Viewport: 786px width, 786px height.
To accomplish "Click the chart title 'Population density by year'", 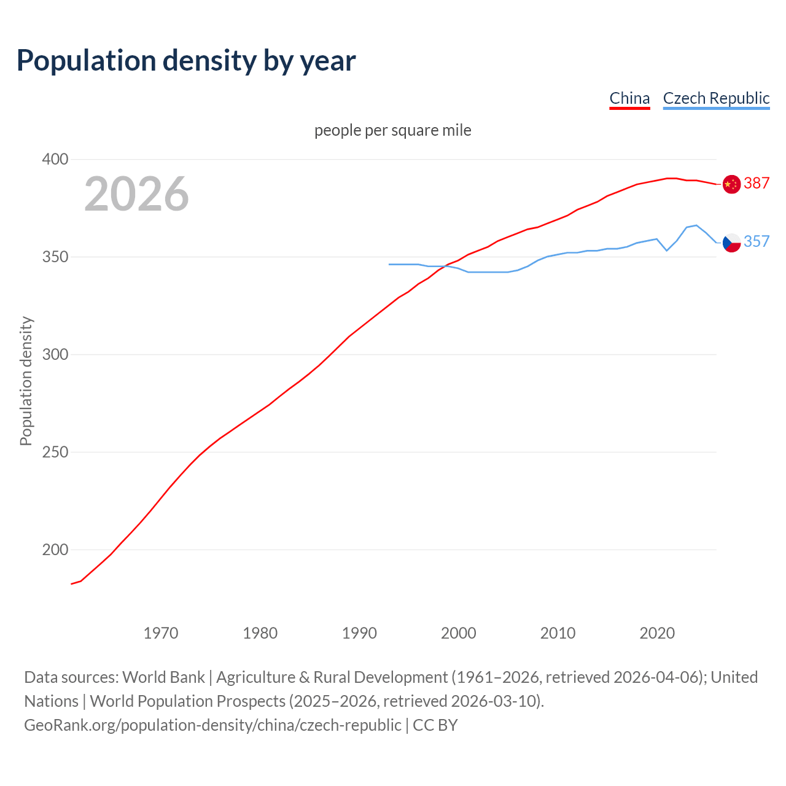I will coord(186,60).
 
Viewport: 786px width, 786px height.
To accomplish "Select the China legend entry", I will coord(629,98).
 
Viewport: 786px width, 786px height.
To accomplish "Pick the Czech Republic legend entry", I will coord(716,98).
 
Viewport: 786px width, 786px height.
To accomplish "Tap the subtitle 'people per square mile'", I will coord(393,131).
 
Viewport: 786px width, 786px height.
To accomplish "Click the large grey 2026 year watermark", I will coord(136,194).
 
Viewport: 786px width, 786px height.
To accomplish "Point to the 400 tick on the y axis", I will coord(55,160).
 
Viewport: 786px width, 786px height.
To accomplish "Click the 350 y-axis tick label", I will coord(55,257).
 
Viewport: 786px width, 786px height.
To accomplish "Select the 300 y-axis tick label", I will coord(55,355).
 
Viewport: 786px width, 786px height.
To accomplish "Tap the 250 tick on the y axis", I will coord(55,453).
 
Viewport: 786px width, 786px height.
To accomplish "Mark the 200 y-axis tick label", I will coord(55,550).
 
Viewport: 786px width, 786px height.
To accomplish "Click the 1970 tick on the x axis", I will coord(161,633).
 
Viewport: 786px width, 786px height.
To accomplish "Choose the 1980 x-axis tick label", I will coord(260,633).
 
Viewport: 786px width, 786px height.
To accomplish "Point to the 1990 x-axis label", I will coord(359,633).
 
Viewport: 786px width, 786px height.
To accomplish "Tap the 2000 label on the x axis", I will coord(459,633).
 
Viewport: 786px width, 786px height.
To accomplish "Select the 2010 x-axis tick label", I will coord(558,633).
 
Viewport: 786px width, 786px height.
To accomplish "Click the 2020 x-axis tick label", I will coord(657,633).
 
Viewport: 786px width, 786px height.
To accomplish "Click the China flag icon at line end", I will coord(731,184).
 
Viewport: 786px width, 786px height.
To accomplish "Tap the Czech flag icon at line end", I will coord(731,243).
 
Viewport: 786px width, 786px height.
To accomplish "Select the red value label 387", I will coord(757,184).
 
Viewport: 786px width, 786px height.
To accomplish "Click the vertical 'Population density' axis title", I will coord(26,381).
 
